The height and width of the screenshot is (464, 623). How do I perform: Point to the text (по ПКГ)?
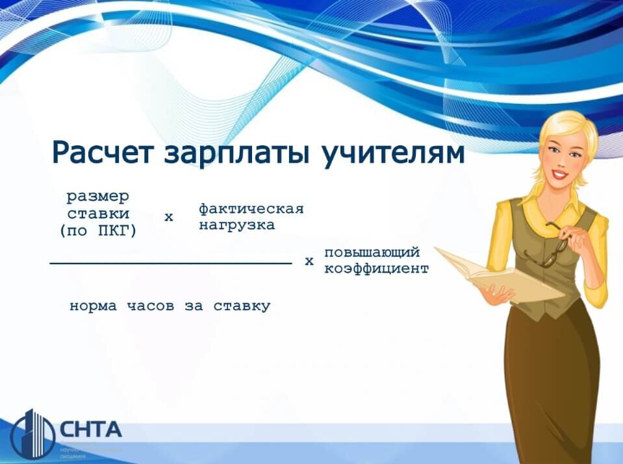[98, 230]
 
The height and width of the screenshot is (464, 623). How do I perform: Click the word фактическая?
[251, 209]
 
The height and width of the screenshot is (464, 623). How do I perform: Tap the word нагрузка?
[236, 225]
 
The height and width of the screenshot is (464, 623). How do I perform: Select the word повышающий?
[372, 252]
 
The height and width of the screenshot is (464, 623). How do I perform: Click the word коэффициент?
[376, 268]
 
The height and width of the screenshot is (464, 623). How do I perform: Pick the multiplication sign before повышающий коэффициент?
[309, 262]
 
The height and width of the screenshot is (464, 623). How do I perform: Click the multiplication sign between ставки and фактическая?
[169, 217]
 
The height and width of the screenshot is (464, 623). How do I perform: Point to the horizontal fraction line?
[170, 263]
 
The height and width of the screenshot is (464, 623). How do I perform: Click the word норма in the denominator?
[94, 306]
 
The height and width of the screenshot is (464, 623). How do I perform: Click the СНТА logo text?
[90, 430]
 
